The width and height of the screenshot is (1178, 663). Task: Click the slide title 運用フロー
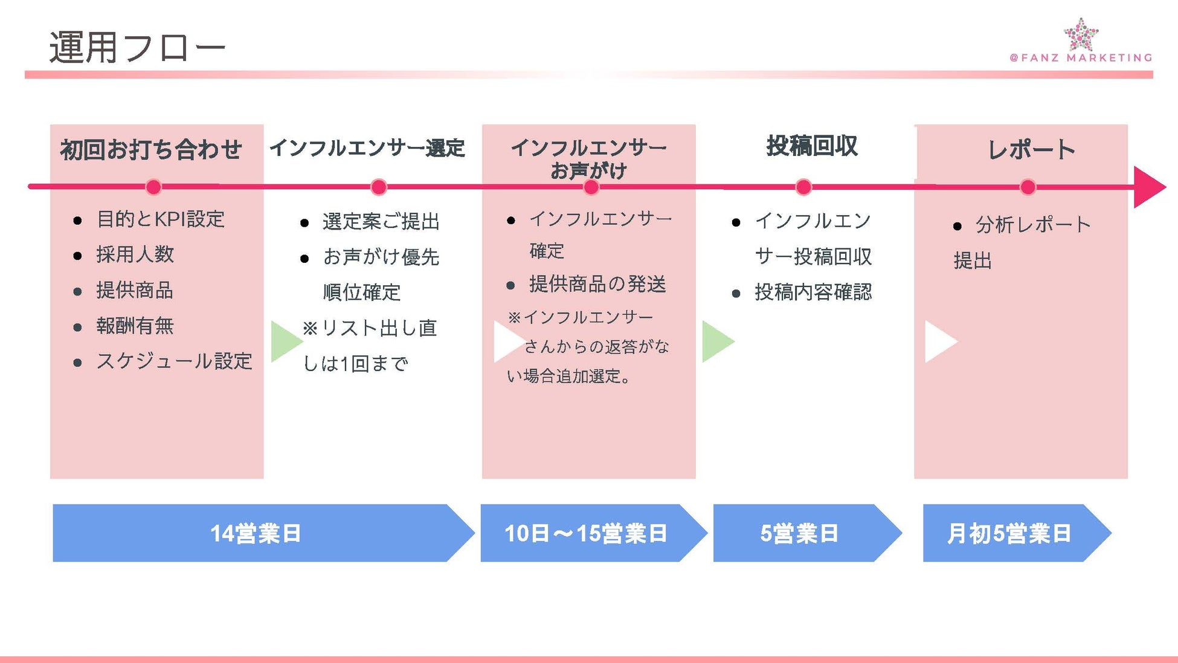(x=137, y=48)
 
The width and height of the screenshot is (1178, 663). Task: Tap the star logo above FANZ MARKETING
(x=1081, y=34)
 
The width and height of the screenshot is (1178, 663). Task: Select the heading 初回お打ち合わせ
(x=151, y=149)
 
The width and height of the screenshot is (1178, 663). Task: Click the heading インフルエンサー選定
(x=367, y=148)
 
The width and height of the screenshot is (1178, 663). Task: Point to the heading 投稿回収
(x=811, y=146)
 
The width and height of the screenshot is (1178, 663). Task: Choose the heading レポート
(x=1031, y=149)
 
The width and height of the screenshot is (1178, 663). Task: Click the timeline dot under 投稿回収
(x=803, y=187)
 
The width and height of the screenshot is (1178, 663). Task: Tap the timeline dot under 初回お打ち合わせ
(x=153, y=187)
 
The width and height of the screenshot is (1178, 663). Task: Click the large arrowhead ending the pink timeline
(x=1148, y=187)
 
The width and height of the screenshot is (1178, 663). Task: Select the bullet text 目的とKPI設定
(x=161, y=219)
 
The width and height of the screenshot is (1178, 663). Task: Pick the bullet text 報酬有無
(x=135, y=326)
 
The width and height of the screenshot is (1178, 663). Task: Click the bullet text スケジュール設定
(x=174, y=361)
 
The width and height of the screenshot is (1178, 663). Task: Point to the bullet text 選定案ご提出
(x=381, y=222)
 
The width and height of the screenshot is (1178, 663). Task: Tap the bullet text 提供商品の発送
(x=597, y=284)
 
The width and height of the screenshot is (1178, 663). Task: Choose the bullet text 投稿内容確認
(x=813, y=293)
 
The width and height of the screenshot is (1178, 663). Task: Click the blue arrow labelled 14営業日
(x=256, y=533)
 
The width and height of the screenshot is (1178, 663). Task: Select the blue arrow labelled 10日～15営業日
(x=586, y=533)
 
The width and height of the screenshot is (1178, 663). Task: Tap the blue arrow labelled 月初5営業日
(x=1009, y=533)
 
